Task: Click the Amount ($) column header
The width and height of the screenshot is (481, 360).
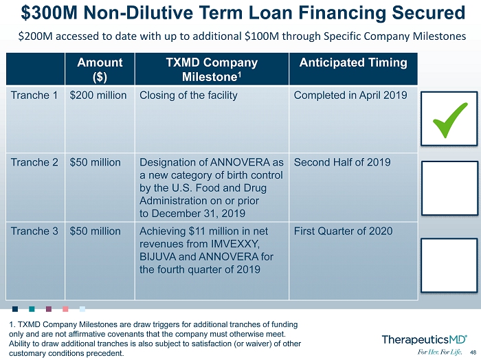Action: click(100, 69)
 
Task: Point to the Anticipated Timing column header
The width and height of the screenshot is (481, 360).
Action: click(353, 63)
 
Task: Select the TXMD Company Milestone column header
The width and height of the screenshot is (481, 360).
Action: click(212, 69)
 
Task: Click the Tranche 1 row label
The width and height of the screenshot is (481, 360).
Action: click(34, 95)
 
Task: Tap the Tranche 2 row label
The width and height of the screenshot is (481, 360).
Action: click(34, 162)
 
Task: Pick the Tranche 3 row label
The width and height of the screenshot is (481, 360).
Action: click(34, 231)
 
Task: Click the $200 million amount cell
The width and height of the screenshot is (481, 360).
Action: click(98, 95)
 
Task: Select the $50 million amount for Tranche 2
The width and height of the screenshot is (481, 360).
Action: click(95, 162)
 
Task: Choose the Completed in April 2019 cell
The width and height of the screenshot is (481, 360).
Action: click(350, 95)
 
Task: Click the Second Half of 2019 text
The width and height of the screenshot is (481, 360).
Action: click(342, 162)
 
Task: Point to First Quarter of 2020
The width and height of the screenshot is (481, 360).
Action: click(344, 231)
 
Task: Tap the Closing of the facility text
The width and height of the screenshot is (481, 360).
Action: click(188, 95)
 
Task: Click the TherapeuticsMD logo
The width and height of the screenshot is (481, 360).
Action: click(424, 340)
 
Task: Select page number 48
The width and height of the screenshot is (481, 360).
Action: click(473, 352)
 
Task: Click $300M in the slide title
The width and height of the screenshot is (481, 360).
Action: click(49, 13)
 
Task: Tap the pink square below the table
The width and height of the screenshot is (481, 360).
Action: click(65, 308)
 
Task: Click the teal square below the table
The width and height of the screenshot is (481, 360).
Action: click(32, 308)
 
